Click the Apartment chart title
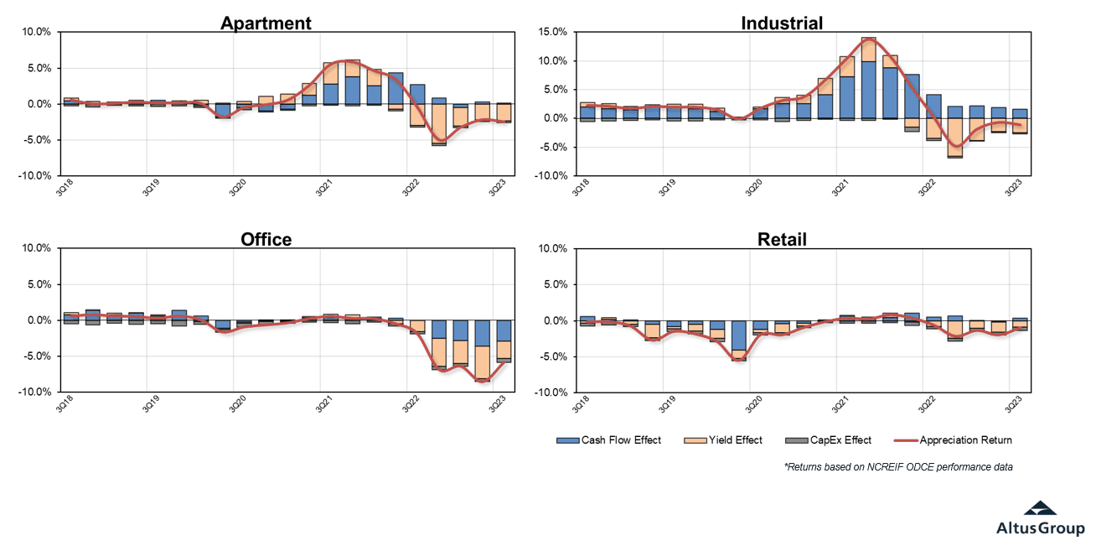pyautogui.click(x=266, y=23)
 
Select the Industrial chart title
pyautogui.click(x=782, y=23)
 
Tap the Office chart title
pyautogui.click(x=266, y=240)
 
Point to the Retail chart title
pyautogui.click(x=781, y=240)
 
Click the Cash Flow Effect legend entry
pyautogui.click(x=609, y=440)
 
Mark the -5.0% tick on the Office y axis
pyautogui.click(x=36, y=356)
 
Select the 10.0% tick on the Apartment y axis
pyautogui.click(x=36, y=32)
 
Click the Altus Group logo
pyautogui.click(x=1040, y=517)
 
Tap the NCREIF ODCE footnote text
pyautogui.click(x=898, y=467)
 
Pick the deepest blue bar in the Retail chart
pyautogui.click(x=738, y=335)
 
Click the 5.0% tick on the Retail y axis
pyautogui.click(x=554, y=284)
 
